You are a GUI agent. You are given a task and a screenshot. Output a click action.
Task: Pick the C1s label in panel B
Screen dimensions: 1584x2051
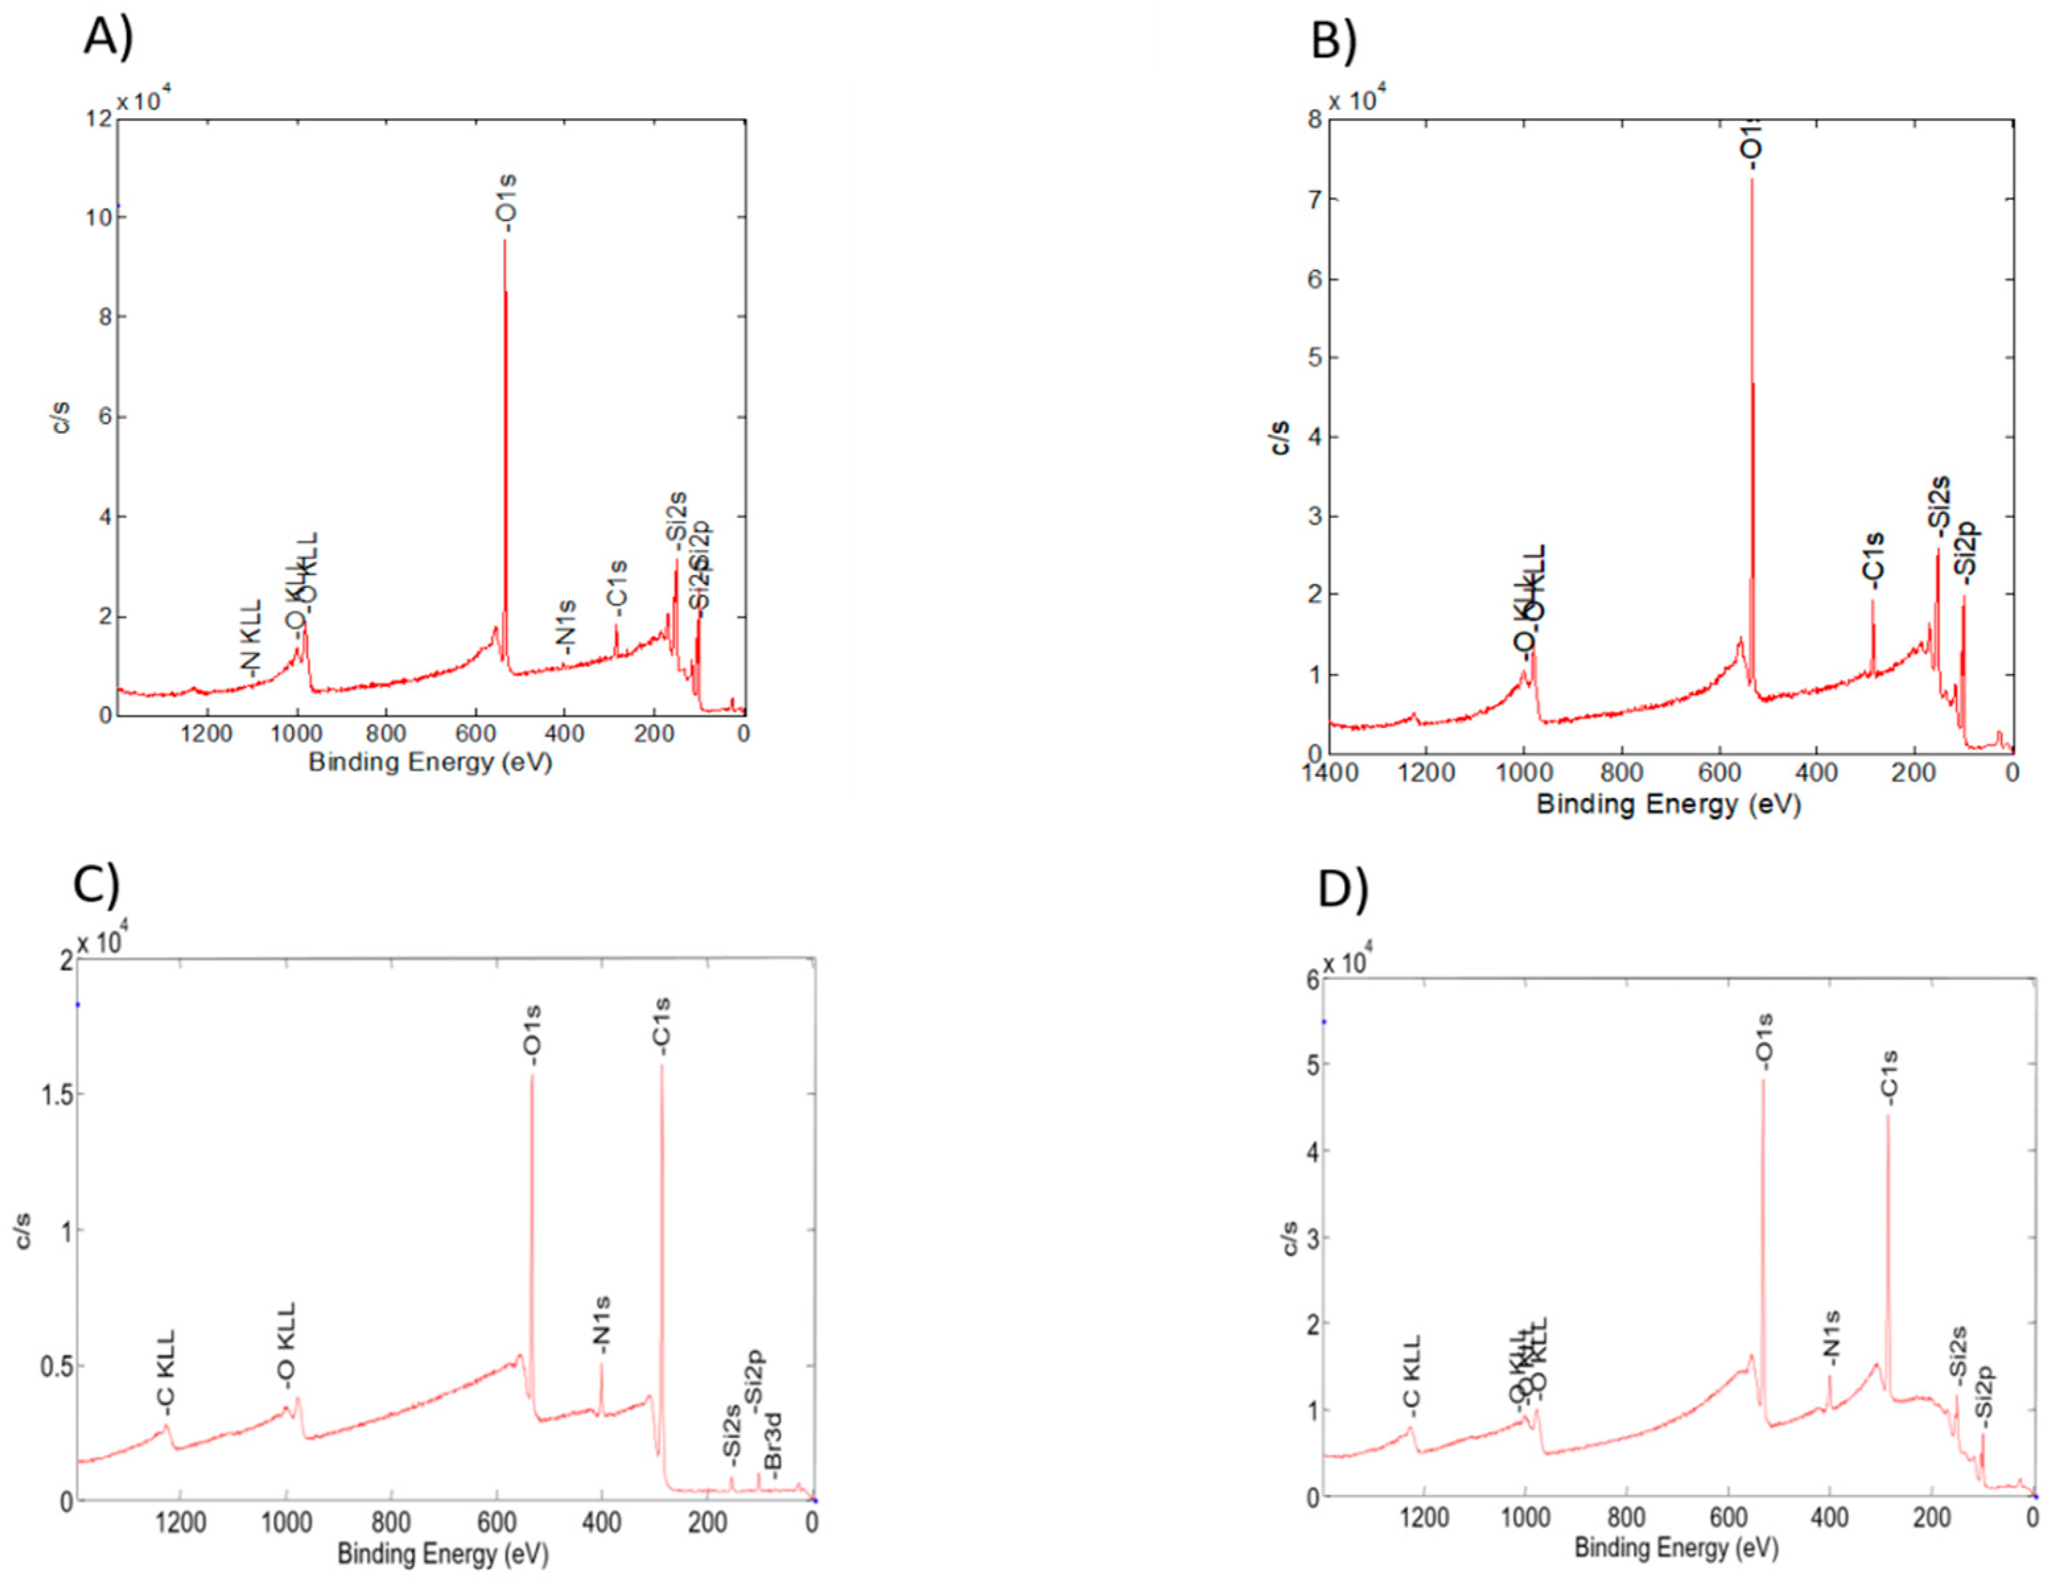[x=1873, y=562]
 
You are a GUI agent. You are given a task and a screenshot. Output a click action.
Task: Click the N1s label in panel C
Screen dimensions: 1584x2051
[x=602, y=1325]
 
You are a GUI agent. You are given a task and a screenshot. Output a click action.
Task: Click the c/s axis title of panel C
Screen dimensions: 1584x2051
[x=24, y=1230]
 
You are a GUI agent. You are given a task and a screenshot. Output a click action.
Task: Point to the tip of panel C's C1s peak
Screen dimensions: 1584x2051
[x=662, y=1066]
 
